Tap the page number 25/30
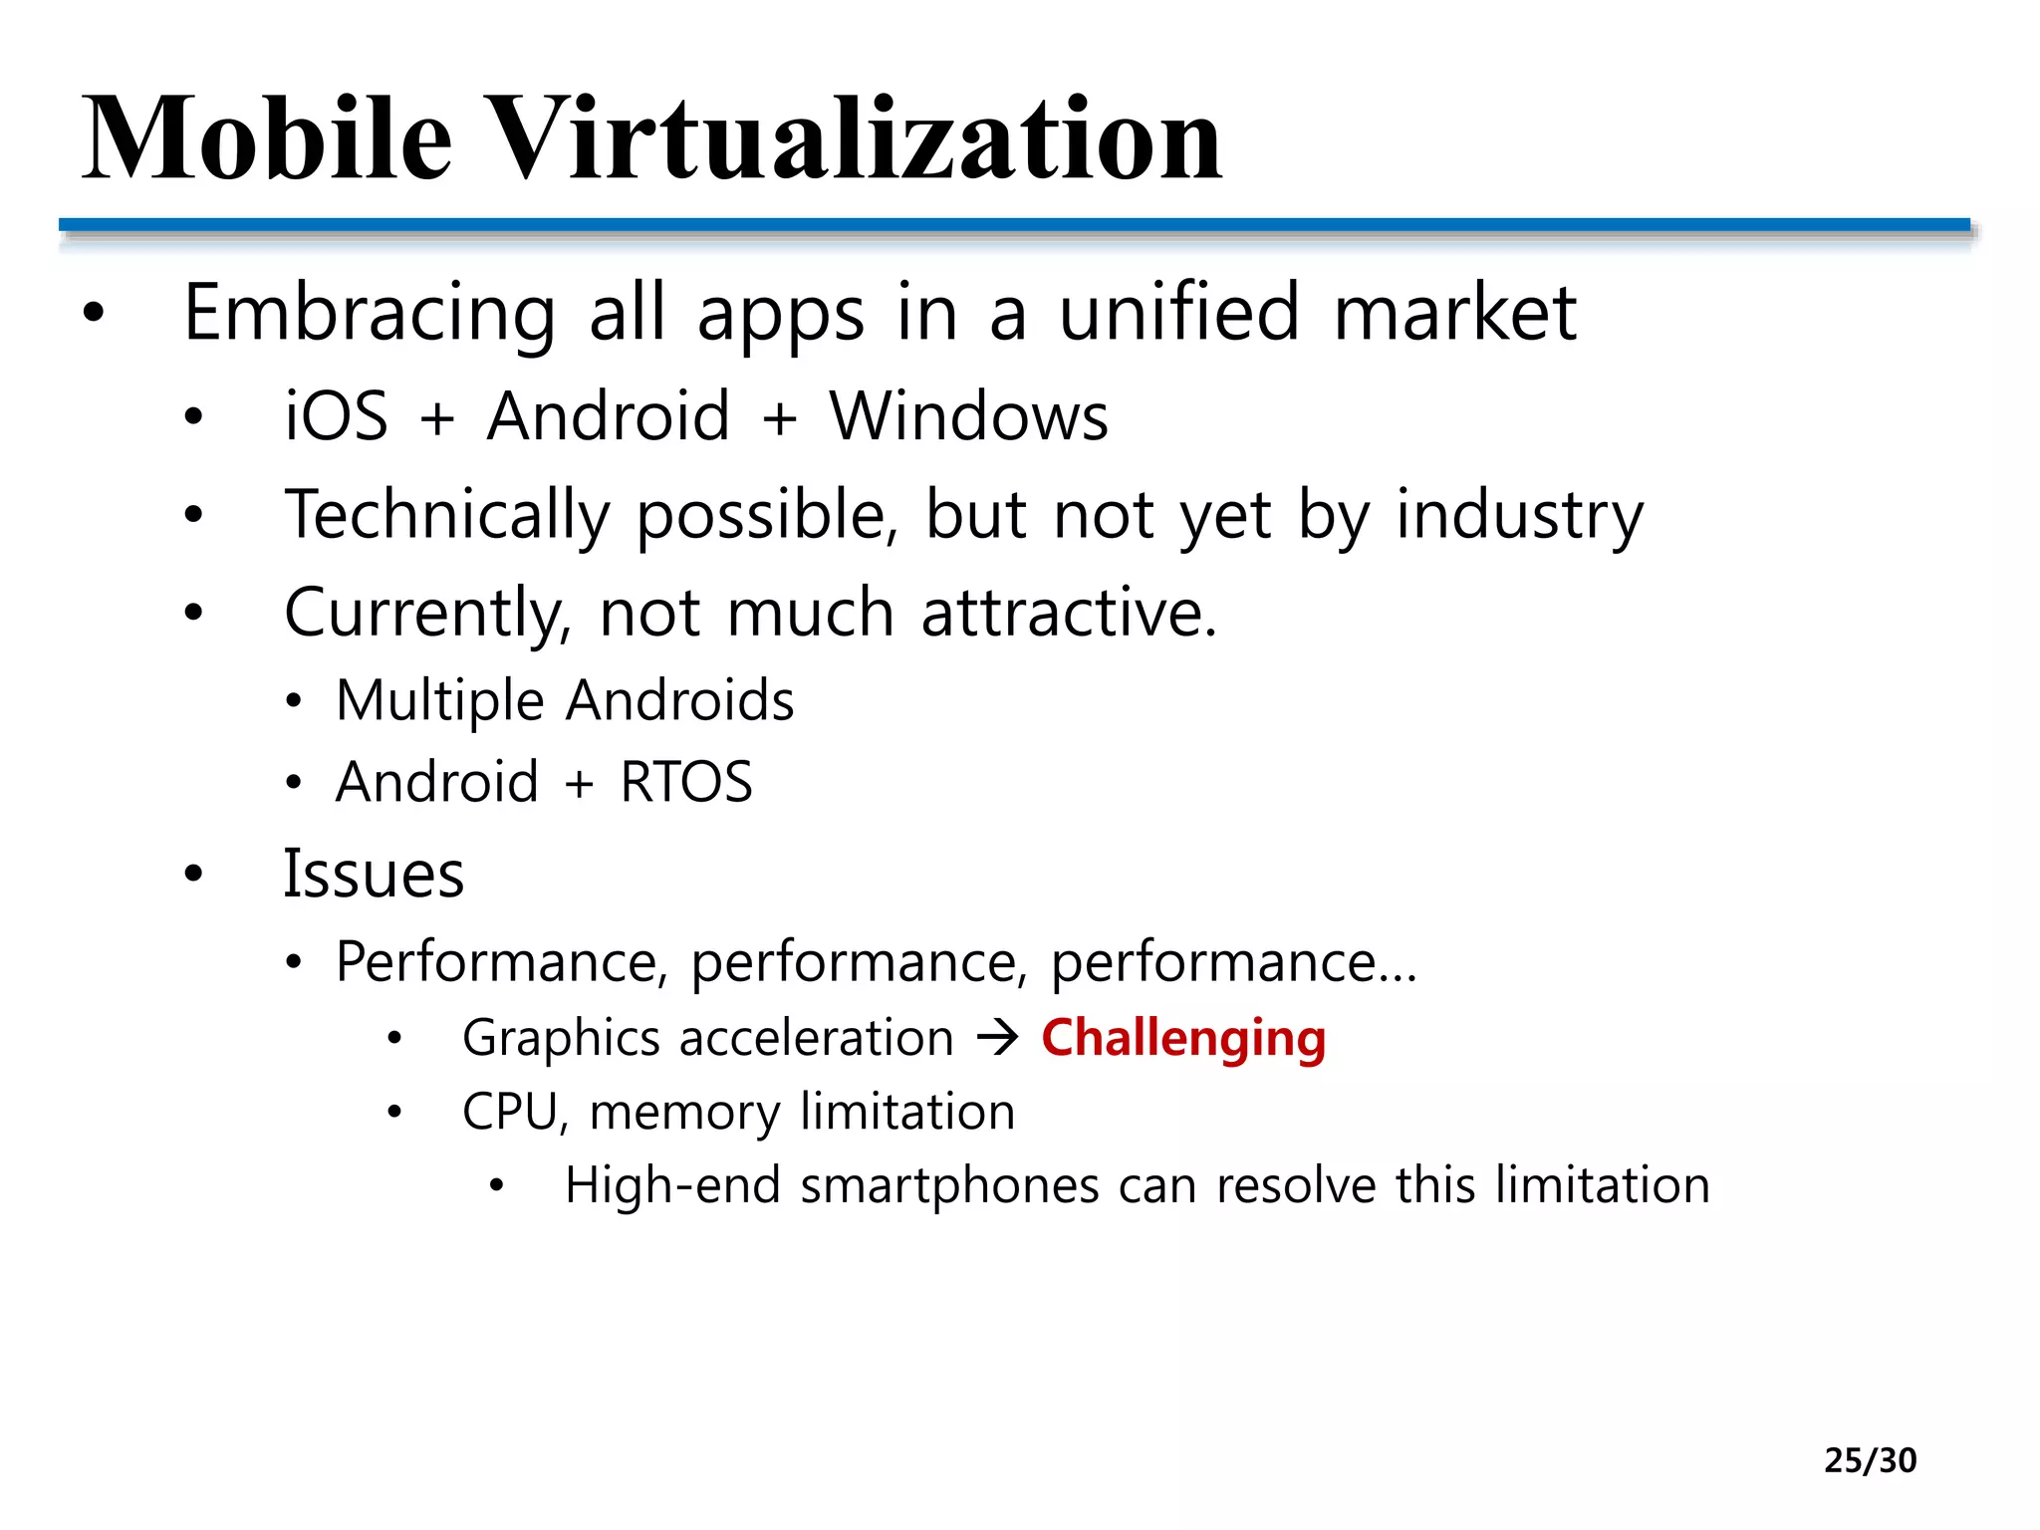pos(1870,1460)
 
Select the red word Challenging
pos(1183,1038)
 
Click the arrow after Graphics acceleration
pos(997,1038)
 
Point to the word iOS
pos(336,415)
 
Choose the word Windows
pos(968,415)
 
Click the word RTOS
pos(686,781)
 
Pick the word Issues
pos(374,874)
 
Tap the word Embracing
pos(370,313)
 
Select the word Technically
pos(446,515)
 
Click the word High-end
pos(671,1185)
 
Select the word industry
pos(1519,515)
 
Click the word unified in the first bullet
pos(1178,313)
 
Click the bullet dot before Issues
pos(193,874)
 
